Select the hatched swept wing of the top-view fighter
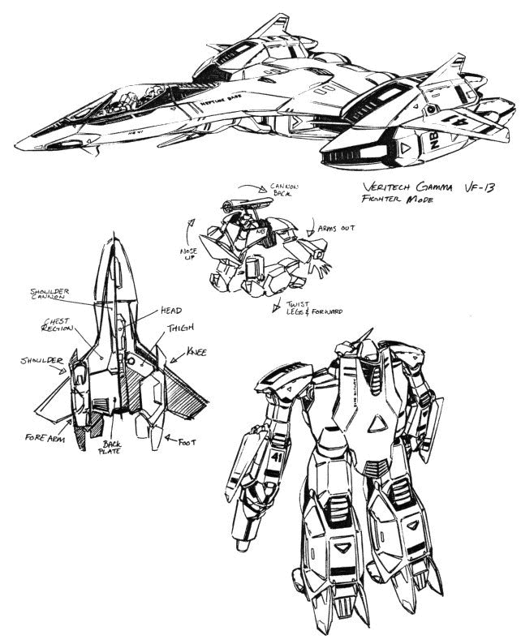[183, 402]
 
